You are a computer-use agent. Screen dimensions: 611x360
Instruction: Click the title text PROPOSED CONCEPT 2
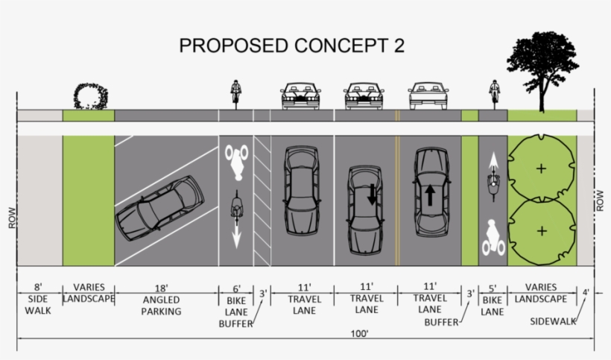click(x=292, y=45)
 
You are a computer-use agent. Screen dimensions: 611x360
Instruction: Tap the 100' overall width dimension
click(x=359, y=334)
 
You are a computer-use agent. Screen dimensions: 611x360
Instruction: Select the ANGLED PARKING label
click(x=161, y=306)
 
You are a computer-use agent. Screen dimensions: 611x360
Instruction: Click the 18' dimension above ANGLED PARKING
click(x=162, y=288)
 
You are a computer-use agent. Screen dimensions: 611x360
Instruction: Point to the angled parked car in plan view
click(x=159, y=208)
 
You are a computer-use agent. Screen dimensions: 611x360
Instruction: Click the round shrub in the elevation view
click(x=91, y=96)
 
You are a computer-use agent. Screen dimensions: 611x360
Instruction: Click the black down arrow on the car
click(x=371, y=195)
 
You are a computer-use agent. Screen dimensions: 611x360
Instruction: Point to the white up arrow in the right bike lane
click(x=493, y=160)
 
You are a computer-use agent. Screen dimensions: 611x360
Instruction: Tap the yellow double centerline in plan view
click(x=397, y=200)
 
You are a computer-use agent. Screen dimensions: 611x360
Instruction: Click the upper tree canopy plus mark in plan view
click(x=541, y=168)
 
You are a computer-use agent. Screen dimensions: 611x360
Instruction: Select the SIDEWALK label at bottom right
click(x=553, y=321)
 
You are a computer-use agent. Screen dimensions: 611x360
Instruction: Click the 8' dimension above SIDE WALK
click(x=38, y=288)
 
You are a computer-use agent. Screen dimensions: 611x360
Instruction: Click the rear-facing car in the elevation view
click(x=428, y=96)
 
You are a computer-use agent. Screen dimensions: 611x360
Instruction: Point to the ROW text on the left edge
click(x=12, y=218)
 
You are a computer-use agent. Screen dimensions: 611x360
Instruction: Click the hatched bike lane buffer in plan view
click(x=262, y=200)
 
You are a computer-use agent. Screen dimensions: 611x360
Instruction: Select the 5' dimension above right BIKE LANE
click(x=493, y=288)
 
